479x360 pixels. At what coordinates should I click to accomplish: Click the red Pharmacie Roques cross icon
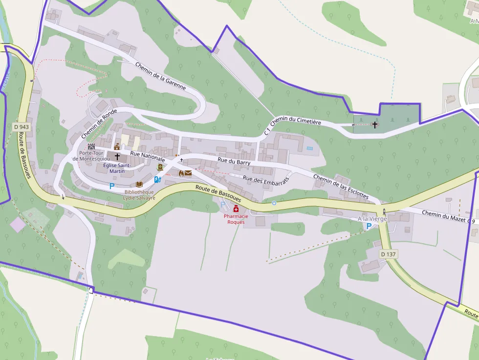point(236,209)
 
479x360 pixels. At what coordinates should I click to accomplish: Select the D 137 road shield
point(388,254)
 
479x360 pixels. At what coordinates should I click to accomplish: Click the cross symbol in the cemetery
point(375,125)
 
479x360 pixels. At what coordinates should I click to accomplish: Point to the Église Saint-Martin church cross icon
point(117,157)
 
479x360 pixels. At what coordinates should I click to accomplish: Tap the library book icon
point(139,184)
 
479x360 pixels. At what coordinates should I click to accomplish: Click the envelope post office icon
point(188,173)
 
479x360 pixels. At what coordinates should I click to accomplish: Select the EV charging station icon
point(157,179)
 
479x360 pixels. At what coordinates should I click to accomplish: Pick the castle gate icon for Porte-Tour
point(91,146)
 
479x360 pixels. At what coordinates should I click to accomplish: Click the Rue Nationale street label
point(147,156)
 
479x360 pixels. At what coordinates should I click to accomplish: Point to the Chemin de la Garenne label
point(161,76)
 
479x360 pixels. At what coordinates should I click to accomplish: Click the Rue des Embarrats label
point(266,179)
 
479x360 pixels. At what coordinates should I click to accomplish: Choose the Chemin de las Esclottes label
point(340,186)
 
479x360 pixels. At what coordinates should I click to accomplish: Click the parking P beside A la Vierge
point(369,226)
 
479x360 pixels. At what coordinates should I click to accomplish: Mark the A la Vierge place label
point(372,218)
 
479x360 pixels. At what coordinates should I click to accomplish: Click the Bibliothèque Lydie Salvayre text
point(139,195)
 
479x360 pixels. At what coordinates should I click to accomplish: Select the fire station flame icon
point(180,173)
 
